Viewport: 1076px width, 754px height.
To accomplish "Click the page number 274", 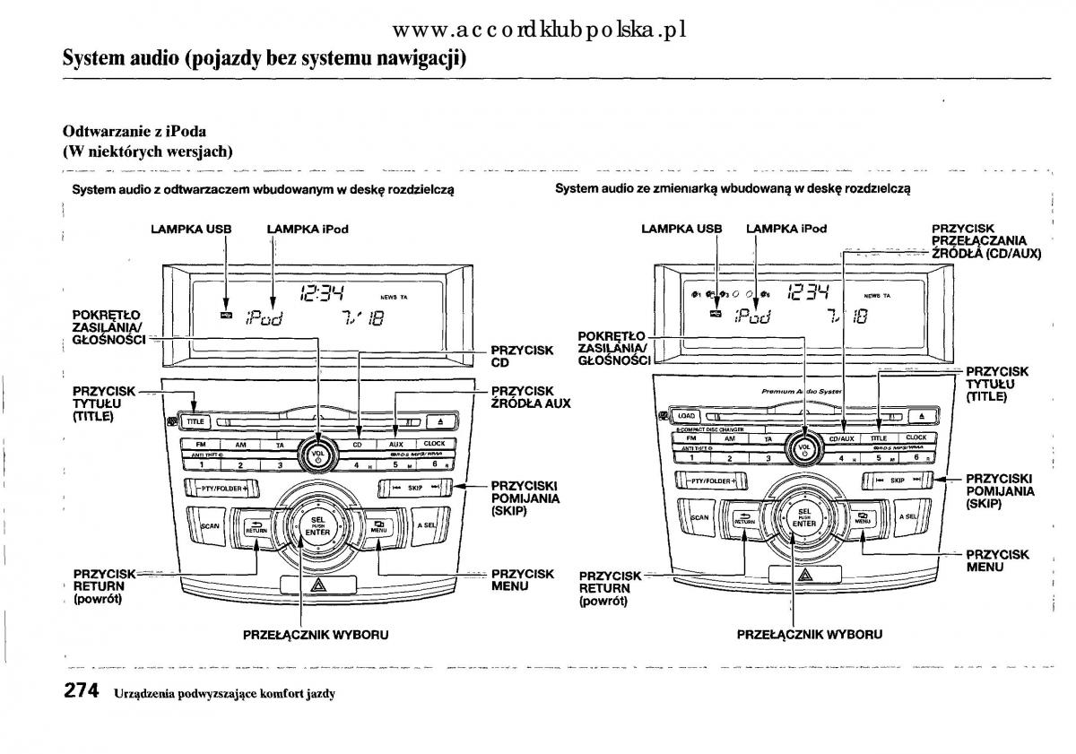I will tap(82, 691).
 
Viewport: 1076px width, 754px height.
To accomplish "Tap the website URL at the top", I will tap(539, 30).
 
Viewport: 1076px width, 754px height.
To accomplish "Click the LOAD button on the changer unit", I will tap(686, 416).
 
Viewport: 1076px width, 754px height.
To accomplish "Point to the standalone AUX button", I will tap(395, 444).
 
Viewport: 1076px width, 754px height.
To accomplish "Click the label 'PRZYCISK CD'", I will tap(522, 357).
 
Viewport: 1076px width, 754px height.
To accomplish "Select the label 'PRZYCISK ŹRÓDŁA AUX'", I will tap(530, 397).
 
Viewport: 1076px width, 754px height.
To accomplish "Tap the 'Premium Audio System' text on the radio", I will tap(801, 392).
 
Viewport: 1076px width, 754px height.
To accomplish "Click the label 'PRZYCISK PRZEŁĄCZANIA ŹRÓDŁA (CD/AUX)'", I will tap(985, 242).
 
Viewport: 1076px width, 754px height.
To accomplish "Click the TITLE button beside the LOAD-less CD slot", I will tap(195, 420).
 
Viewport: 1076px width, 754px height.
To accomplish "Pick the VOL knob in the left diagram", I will tap(318, 451).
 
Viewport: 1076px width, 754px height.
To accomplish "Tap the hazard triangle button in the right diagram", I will tap(804, 576).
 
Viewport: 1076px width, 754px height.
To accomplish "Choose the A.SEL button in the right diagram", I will tap(907, 517).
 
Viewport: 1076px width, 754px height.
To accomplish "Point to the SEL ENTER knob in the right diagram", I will tap(804, 518).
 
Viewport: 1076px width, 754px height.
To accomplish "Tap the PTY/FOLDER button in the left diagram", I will tap(221, 489).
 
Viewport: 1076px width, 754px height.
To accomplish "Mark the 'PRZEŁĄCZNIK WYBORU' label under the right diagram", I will tap(809, 635).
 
